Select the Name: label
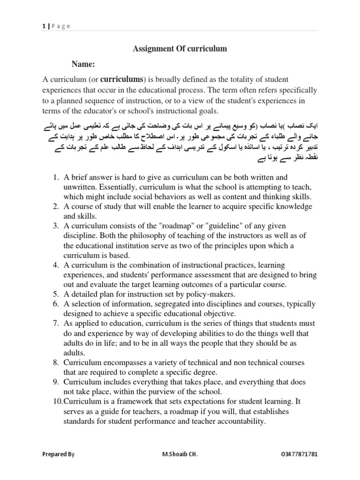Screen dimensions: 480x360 point(83,64)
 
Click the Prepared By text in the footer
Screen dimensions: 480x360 point(58,454)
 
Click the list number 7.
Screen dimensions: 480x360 point(55,324)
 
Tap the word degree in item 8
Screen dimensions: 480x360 point(203,373)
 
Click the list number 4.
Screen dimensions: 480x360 point(55,265)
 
